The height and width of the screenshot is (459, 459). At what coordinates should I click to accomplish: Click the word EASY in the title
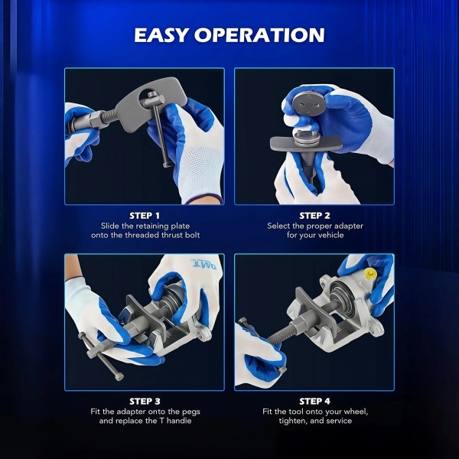[161, 35]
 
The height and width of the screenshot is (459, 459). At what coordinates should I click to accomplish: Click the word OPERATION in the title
[259, 35]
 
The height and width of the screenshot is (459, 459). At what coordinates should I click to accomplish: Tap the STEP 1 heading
[145, 216]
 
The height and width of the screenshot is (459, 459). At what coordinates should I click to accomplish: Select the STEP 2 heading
[314, 216]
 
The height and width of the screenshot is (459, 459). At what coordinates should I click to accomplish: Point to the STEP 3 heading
[145, 401]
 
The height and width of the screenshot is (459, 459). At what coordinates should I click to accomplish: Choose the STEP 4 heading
[314, 401]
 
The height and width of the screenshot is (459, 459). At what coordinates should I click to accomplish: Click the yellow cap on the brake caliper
[370, 274]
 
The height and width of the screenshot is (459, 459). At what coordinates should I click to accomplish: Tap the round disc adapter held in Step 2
[308, 103]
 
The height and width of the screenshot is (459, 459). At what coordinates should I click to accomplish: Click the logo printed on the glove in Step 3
[203, 264]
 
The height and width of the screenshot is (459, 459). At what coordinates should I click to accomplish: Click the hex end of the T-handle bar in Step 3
[119, 376]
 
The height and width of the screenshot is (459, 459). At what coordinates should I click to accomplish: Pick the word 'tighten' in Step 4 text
[290, 421]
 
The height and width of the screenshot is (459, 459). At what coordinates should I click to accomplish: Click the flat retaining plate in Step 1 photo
[150, 103]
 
